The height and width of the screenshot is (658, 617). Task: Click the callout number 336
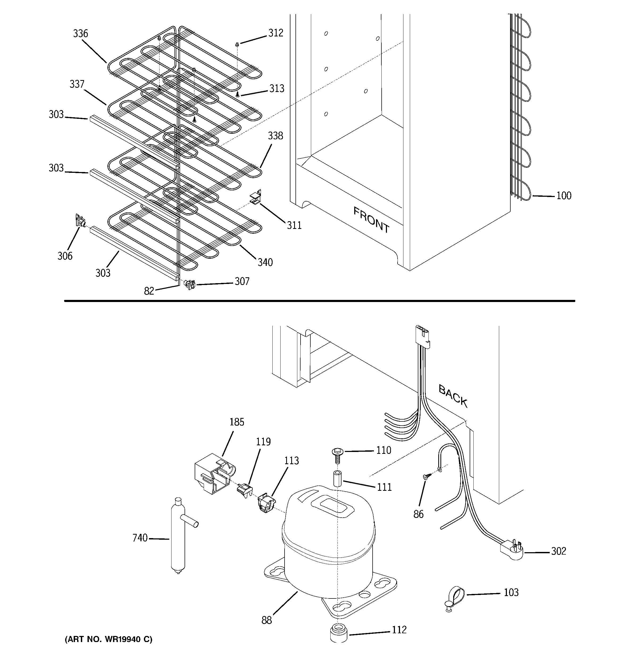(81, 33)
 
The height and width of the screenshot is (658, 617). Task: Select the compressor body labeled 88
(328, 543)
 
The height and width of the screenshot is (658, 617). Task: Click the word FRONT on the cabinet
(371, 220)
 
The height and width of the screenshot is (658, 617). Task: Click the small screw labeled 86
(427, 477)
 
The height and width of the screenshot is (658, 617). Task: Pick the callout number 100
(564, 196)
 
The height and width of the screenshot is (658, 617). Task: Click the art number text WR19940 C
(109, 639)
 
